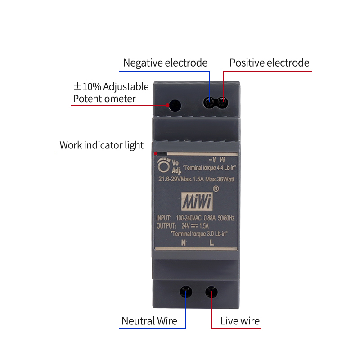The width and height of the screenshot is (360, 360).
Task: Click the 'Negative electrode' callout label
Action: [x=165, y=63]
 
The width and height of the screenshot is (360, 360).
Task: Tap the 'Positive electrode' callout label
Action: [x=269, y=63]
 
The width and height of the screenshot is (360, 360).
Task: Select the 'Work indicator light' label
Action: [x=102, y=145]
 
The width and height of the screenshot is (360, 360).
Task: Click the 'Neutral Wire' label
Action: [x=149, y=321]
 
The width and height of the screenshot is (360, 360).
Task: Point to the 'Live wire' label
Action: [x=240, y=321]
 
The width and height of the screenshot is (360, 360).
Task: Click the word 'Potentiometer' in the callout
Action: [x=104, y=99]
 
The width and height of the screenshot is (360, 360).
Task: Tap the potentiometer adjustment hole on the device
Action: [x=175, y=105]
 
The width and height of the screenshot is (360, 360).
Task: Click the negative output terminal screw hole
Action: [x=209, y=103]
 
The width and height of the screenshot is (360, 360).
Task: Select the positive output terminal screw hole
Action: [x=222, y=103]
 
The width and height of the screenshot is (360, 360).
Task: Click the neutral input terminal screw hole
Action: [x=186, y=292]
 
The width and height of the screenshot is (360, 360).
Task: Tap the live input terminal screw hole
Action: [x=211, y=292]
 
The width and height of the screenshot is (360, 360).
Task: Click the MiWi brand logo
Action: [x=197, y=201]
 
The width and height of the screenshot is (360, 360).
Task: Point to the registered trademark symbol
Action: [x=216, y=189]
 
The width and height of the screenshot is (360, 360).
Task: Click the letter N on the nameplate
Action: [x=184, y=243]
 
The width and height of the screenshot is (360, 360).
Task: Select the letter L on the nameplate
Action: [x=211, y=243]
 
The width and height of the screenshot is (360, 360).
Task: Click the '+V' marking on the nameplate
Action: [x=222, y=160]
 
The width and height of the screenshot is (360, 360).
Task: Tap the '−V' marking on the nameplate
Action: [x=212, y=160]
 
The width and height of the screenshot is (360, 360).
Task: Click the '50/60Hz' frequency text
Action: [x=226, y=218]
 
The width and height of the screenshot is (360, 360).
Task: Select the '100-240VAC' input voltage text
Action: [x=189, y=218]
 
